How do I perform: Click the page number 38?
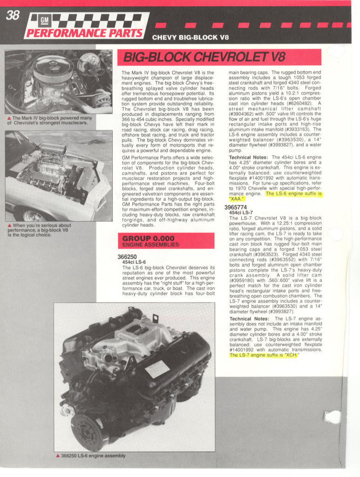[x=12, y=15]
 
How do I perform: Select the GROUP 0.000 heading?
[x=148, y=238]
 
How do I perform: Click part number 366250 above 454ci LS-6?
[x=127, y=257]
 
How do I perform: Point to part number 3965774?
[x=236, y=207]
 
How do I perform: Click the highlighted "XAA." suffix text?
[x=237, y=199]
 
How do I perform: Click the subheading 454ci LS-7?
[x=241, y=213]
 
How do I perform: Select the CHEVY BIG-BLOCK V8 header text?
[x=190, y=37]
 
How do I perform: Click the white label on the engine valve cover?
[x=157, y=370]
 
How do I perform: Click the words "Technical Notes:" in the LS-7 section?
[x=249, y=319]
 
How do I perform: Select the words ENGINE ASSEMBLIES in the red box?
[x=150, y=245]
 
